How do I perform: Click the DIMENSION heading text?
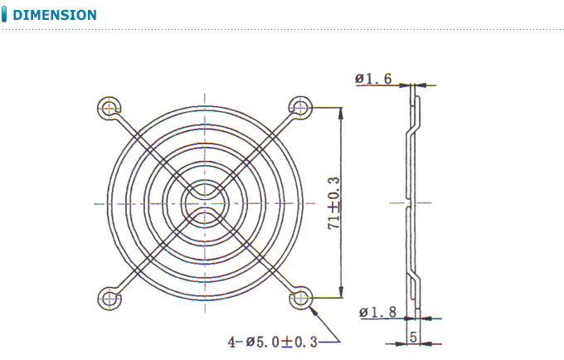click(x=55, y=15)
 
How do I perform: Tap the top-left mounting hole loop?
click(x=109, y=107)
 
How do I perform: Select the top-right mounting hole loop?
click(x=300, y=107)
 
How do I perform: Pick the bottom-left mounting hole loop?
click(x=109, y=298)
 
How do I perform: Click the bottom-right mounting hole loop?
click(x=300, y=297)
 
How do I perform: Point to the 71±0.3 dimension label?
click(x=333, y=202)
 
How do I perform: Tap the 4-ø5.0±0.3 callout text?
click(x=273, y=341)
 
